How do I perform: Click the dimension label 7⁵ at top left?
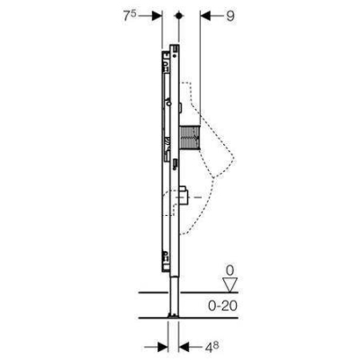130,16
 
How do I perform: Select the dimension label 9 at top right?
230,16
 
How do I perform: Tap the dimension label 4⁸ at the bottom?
211,347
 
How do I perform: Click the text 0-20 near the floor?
223,306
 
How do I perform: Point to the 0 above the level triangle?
229,271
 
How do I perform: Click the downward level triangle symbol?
230,284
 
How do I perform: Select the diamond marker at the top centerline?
179,16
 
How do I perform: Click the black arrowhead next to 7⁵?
157,16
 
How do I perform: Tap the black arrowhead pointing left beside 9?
205,16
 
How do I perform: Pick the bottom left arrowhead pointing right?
163,347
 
